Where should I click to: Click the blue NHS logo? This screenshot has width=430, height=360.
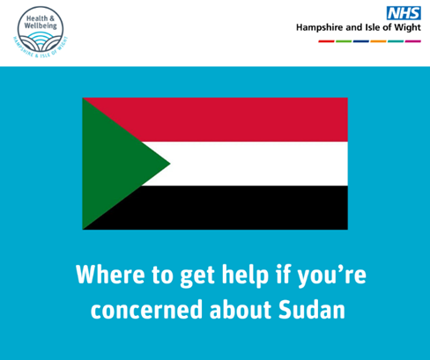click(x=404, y=13)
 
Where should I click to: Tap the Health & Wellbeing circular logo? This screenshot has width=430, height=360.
click(x=41, y=32)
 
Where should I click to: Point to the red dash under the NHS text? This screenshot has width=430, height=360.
click(x=326, y=41)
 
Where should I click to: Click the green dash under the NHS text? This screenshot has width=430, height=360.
click(x=344, y=41)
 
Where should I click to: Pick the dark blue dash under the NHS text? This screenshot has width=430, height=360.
click(x=361, y=41)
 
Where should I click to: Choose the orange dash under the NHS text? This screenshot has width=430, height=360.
click(x=378, y=41)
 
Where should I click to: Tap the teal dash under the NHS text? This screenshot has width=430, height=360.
click(x=396, y=41)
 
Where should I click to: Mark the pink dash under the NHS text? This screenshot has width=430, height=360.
click(x=413, y=41)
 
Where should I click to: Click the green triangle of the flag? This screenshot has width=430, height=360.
click(x=112, y=164)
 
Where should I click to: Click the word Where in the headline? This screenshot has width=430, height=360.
click(x=110, y=275)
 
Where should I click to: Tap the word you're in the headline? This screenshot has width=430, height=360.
click(x=331, y=276)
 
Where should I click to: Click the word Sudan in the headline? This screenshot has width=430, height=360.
click(x=312, y=310)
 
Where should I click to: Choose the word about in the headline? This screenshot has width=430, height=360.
click(x=241, y=310)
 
